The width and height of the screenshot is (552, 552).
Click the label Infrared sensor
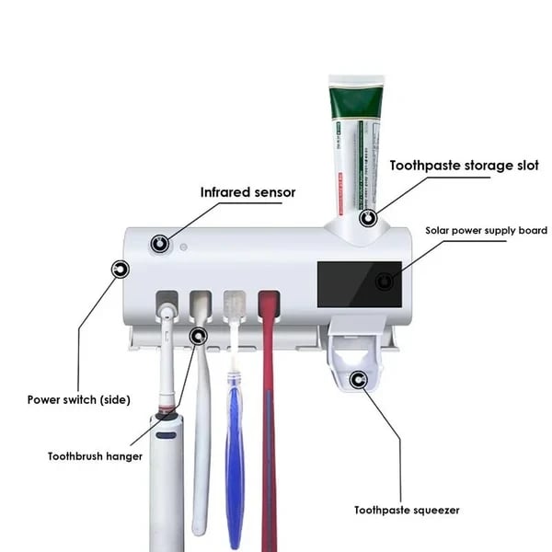(x=248, y=192)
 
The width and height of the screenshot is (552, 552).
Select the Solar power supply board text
(x=486, y=230)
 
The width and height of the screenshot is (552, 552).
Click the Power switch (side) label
(x=78, y=399)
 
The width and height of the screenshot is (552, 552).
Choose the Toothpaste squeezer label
(x=407, y=510)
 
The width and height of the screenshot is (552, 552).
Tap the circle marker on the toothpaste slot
(x=369, y=218)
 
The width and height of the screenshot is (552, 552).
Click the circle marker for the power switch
(x=120, y=270)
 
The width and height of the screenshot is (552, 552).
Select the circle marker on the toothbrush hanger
(x=198, y=336)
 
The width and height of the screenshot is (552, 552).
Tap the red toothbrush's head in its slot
(x=269, y=308)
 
